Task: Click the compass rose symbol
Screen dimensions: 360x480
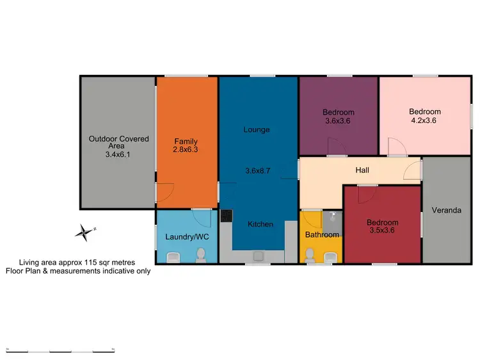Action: pyautogui.click(x=83, y=232)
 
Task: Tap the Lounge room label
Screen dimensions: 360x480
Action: pyautogui.click(x=257, y=129)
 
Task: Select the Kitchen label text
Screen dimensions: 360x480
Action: pyautogui.click(x=261, y=224)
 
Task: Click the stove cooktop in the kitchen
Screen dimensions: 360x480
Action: pyautogui.click(x=225, y=216)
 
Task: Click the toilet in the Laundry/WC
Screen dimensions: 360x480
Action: pyautogui.click(x=200, y=256)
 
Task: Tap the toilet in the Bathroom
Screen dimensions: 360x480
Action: pyautogui.click(x=310, y=256)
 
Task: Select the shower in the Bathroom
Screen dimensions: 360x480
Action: pyautogui.click(x=333, y=221)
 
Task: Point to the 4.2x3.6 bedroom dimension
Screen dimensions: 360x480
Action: pyautogui.click(x=425, y=120)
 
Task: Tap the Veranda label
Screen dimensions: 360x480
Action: pyautogui.click(x=446, y=210)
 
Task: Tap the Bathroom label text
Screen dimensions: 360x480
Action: pyautogui.click(x=321, y=234)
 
